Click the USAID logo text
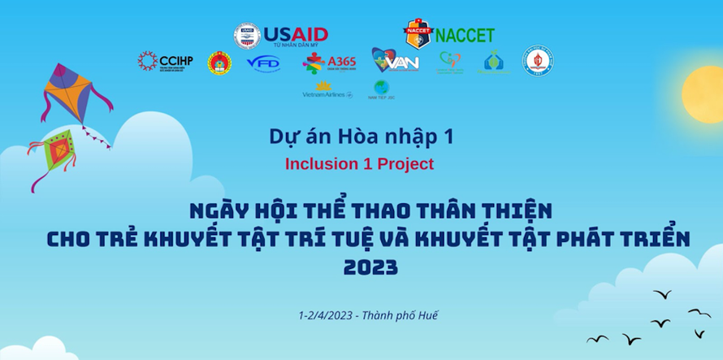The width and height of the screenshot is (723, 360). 297,34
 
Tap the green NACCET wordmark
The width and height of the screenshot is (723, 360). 465,36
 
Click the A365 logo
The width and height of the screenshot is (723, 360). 324,63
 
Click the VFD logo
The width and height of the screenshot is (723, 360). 263,62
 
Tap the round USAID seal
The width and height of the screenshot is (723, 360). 247,35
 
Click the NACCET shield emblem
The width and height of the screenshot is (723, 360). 418,33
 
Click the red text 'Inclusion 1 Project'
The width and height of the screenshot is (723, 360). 359,163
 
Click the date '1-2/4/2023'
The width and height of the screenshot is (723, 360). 325,315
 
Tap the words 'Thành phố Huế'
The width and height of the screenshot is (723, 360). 400,315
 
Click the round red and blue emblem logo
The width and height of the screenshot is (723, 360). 538,61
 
